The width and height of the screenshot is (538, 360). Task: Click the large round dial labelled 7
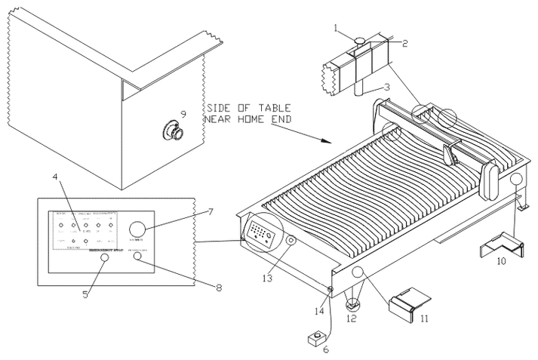(x=138, y=229)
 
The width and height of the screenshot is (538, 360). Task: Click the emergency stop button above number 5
(x=104, y=258)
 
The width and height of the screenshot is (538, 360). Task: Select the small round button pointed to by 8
(x=138, y=257)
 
